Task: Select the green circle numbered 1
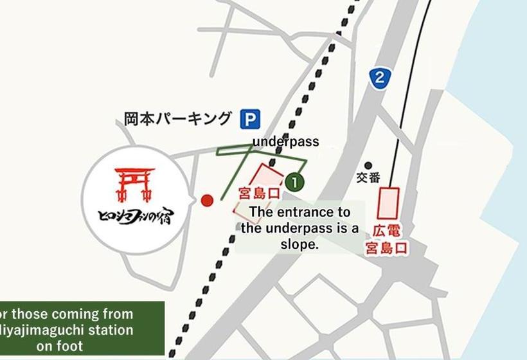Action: [294, 183]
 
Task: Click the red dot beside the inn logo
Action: [207, 201]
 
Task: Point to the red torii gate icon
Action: [134, 183]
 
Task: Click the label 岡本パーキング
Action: [177, 119]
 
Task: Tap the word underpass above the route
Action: [285, 141]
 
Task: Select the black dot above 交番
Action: [368, 165]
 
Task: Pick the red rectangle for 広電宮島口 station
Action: [389, 203]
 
